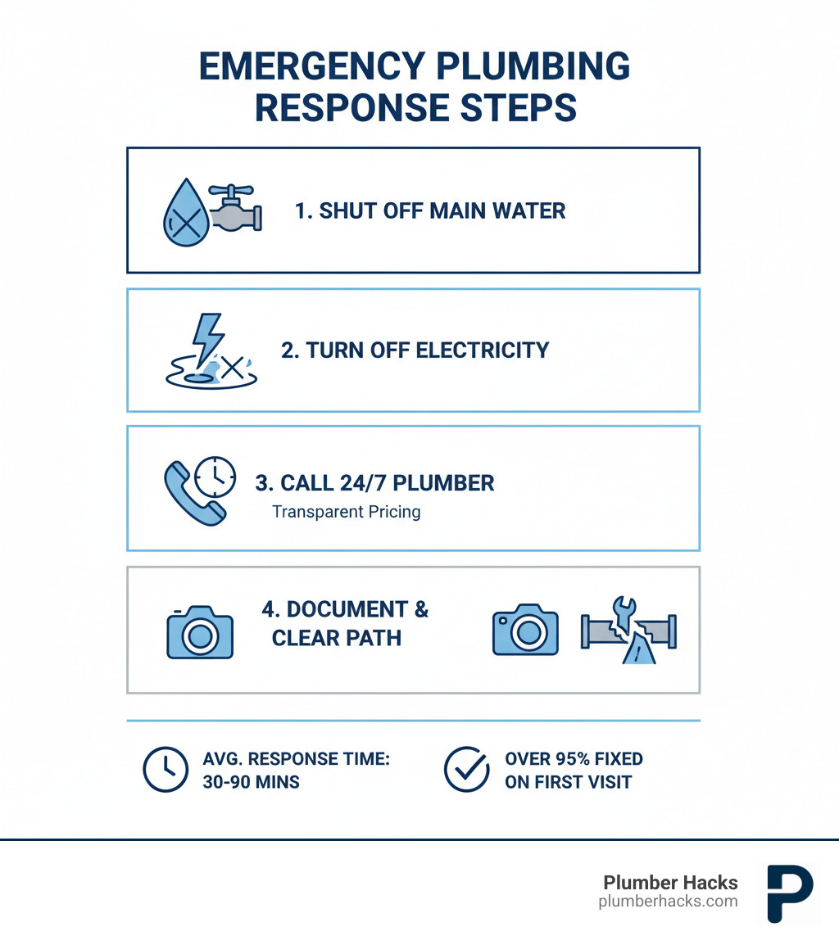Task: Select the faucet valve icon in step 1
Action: pos(235,209)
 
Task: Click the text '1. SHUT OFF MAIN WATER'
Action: pos(429,210)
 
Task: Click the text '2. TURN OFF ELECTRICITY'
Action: pos(415,350)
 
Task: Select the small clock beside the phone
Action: pos(215,477)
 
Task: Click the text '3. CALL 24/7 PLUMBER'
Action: pos(374,483)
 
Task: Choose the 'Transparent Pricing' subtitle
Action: pos(346,512)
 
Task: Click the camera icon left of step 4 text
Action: pos(199,631)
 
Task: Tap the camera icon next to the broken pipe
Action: pos(524,630)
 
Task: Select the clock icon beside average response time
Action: pos(166,770)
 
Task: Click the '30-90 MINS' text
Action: pos(251,782)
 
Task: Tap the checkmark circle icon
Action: pos(466,770)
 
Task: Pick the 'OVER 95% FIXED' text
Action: pos(574,759)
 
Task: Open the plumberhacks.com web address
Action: pos(668,902)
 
